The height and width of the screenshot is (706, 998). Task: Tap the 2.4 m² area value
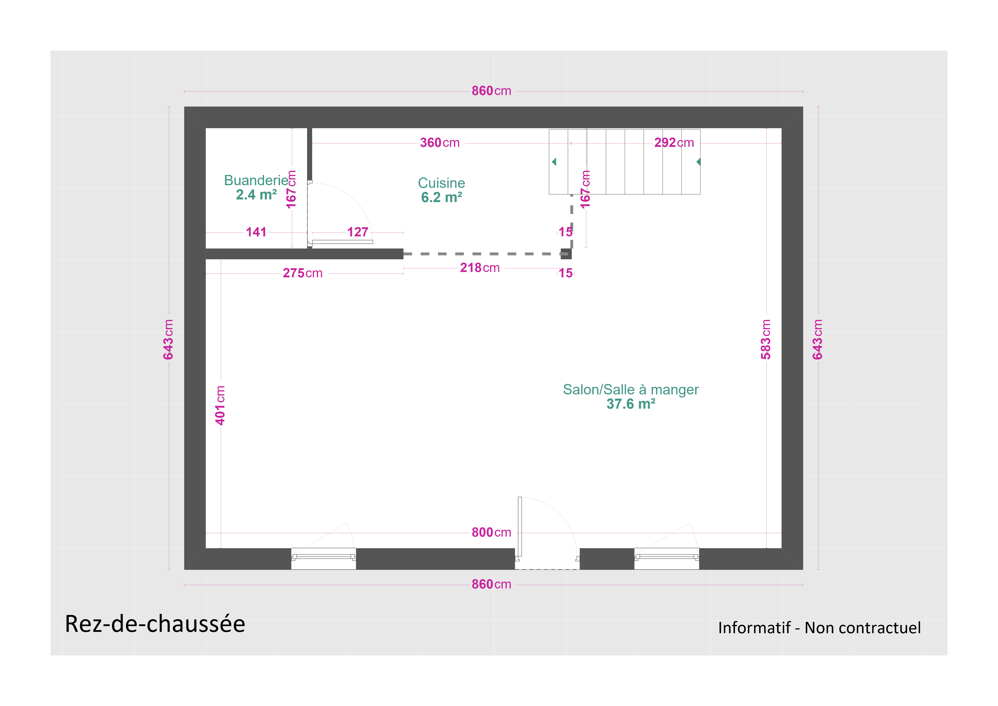256,195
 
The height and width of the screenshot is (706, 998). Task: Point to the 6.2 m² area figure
441,197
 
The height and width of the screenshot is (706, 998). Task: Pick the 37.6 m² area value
630,404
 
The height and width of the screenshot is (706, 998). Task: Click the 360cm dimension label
439,143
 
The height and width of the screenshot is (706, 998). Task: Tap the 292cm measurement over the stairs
674,143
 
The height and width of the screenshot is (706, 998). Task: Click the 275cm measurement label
302,273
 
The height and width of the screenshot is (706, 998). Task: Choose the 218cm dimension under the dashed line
479,268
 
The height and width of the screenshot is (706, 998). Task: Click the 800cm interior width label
491,532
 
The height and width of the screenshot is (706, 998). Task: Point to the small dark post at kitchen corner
566,254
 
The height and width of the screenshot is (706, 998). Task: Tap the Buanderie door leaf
342,242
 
